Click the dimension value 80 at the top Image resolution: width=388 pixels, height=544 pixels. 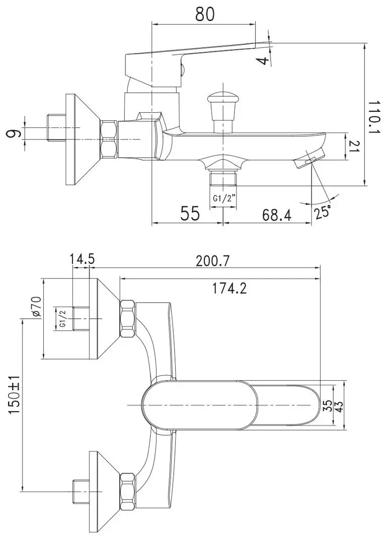coord(205,14)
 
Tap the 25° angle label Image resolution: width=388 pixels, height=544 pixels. coord(322,212)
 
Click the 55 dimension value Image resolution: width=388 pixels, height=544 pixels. coord(191,214)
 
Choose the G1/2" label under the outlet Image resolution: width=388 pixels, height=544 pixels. coord(224,198)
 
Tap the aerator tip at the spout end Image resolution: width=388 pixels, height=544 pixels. coord(308,159)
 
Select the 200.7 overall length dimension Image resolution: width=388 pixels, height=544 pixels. coord(213,261)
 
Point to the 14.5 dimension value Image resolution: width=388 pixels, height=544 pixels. coord(82,260)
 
